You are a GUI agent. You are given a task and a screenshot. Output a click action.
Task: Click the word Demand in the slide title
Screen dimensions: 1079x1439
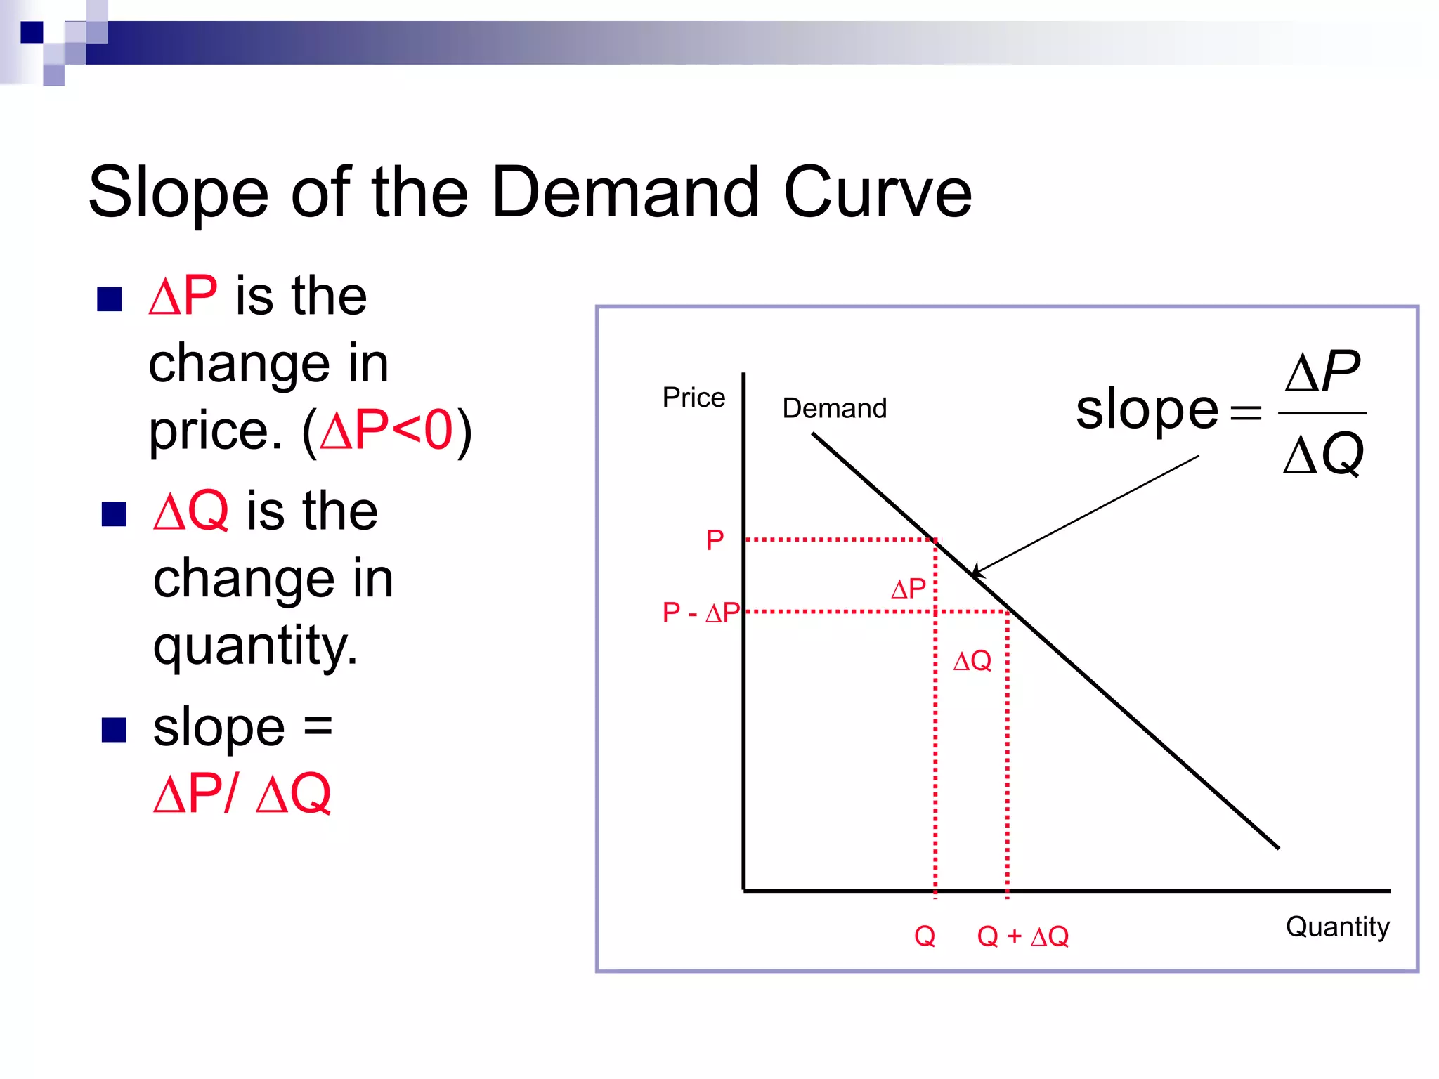pyautogui.click(x=625, y=192)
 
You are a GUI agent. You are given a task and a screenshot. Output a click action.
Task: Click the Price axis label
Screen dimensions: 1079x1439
pyautogui.click(x=694, y=398)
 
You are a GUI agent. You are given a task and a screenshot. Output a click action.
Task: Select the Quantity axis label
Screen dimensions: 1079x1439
pyautogui.click(x=1337, y=927)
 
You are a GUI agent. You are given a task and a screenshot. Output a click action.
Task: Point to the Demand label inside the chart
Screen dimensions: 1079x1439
pyautogui.click(x=834, y=408)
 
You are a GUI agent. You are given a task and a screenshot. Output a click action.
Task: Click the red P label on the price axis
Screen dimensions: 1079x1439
pyautogui.click(x=715, y=540)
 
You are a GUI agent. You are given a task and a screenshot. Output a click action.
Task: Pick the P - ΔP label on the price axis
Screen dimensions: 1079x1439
pyautogui.click(x=701, y=613)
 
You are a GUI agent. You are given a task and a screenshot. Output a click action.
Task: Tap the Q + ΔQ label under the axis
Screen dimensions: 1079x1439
pyautogui.click(x=1022, y=936)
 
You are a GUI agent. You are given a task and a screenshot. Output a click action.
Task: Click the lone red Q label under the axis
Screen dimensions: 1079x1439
pyautogui.click(x=925, y=936)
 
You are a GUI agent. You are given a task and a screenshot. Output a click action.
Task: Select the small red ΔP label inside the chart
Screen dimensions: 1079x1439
pyautogui.click(x=908, y=589)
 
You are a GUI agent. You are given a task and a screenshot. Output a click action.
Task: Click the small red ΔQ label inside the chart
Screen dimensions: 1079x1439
pyautogui.click(x=972, y=661)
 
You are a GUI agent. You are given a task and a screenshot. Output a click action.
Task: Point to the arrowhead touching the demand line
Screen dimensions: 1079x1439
pyautogui.click(x=977, y=572)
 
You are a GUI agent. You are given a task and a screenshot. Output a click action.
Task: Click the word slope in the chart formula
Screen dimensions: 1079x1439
pyautogui.click(x=1147, y=410)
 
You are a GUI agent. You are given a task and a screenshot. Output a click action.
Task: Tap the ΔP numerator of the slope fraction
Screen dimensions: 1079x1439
pyautogui.click(x=1322, y=371)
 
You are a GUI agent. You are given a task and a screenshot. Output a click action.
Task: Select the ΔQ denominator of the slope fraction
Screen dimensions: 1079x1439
pyautogui.click(x=1323, y=455)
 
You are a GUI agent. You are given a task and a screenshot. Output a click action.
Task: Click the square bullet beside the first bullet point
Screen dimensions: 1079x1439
pyautogui.click(x=110, y=299)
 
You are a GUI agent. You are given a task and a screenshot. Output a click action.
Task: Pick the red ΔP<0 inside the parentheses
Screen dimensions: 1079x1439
pyautogui.click(x=386, y=430)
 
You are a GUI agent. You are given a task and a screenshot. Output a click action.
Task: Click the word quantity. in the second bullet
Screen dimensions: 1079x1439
pyautogui.click(x=256, y=645)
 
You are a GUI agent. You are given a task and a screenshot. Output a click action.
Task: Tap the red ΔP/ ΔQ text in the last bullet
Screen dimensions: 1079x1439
pyautogui.click(x=242, y=794)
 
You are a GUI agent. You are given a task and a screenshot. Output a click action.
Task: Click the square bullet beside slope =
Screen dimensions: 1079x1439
pyautogui.click(x=114, y=730)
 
